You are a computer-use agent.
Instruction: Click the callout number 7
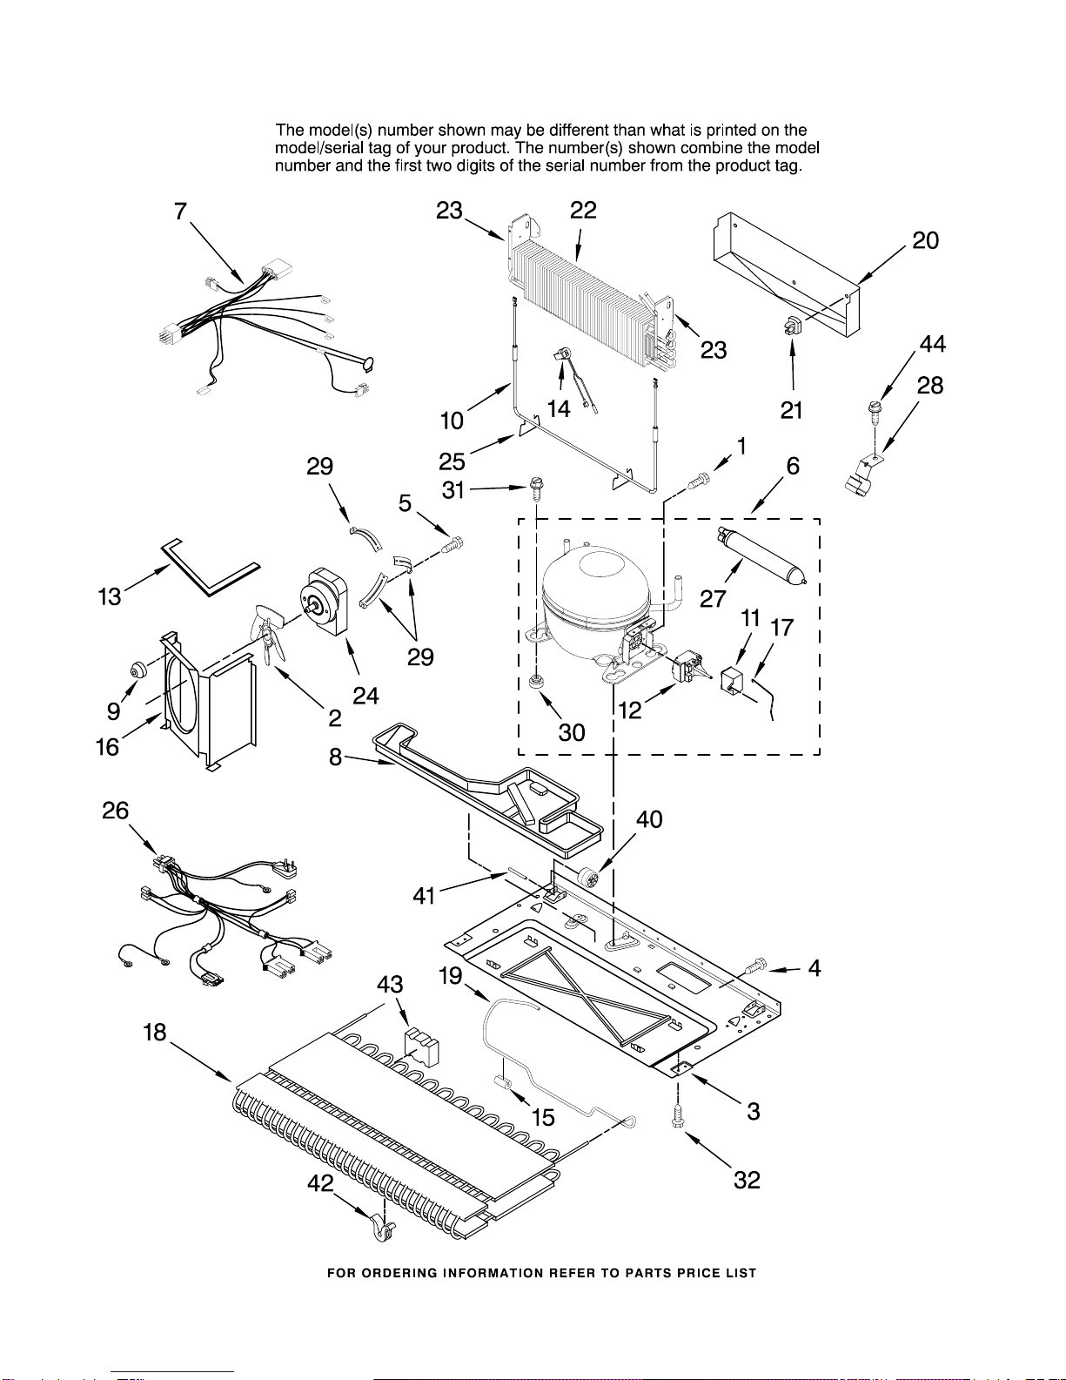tap(181, 212)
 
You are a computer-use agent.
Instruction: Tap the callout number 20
tap(925, 240)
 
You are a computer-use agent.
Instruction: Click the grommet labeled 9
tap(137, 670)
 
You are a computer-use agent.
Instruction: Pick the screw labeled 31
tap(536, 488)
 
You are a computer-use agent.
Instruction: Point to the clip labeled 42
tap(383, 1228)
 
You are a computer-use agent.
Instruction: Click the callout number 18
tap(154, 1033)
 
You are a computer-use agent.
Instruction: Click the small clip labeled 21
tap(792, 328)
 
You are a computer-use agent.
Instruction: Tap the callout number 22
tap(583, 210)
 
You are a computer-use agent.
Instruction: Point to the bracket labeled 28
tap(861, 476)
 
